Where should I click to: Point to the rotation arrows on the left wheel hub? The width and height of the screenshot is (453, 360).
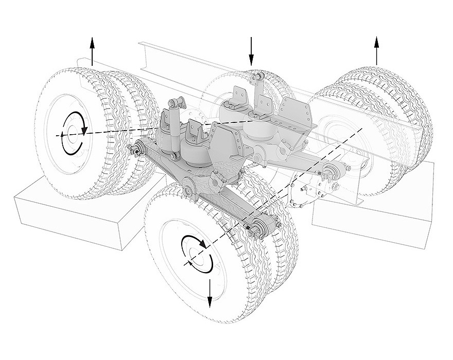point(72,133)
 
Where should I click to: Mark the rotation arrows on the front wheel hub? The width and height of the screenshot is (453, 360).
point(198,254)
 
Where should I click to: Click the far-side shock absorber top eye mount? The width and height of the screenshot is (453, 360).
point(256,78)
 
